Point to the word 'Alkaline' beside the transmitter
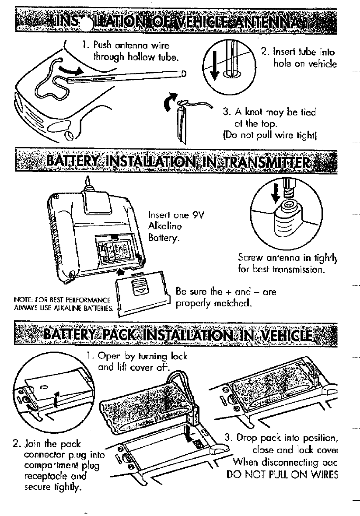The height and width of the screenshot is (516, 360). coord(165,226)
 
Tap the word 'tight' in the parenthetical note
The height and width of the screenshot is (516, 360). coord(303,132)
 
